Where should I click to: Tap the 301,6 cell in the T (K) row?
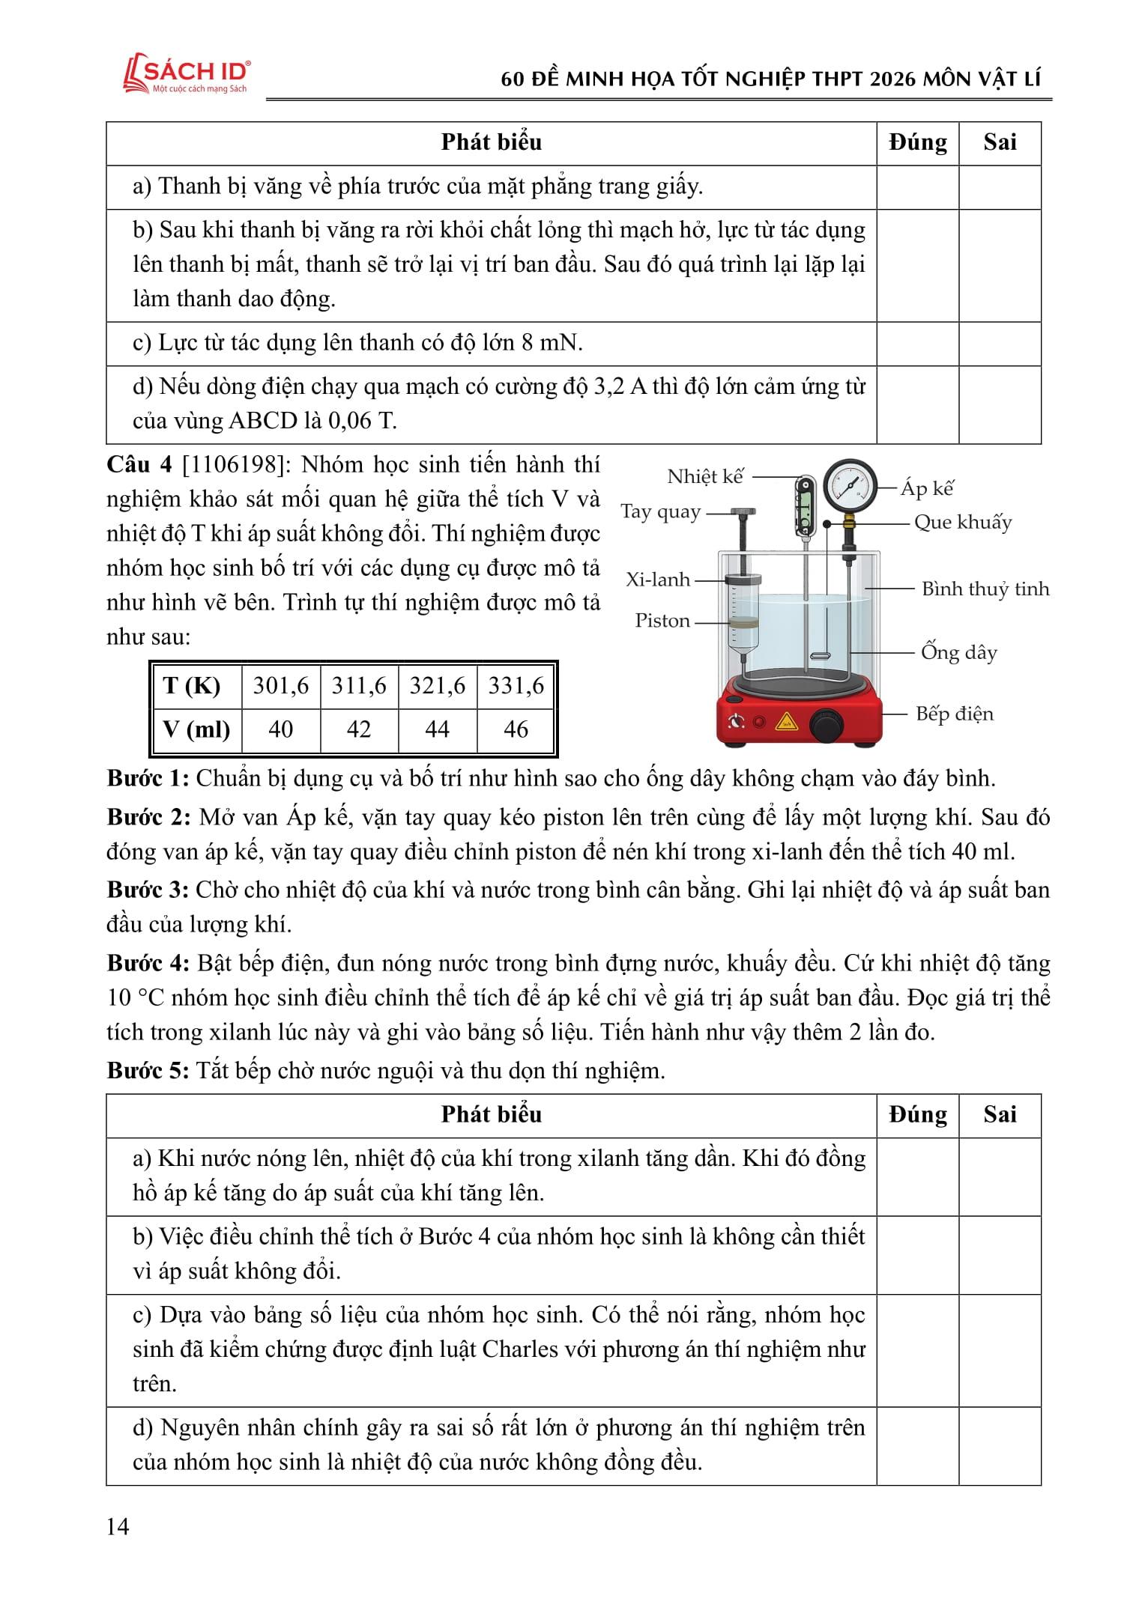[x=281, y=686]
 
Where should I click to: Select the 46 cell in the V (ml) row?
[x=516, y=729]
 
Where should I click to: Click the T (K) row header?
[x=193, y=686]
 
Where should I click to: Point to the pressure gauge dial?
[x=850, y=485]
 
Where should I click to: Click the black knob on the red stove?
[x=826, y=723]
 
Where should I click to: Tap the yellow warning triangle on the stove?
[x=786, y=722]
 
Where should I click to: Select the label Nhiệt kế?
[x=705, y=477]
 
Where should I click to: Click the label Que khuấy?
[x=963, y=523]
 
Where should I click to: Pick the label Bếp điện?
[x=955, y=714]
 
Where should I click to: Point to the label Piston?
[x=662, y=621]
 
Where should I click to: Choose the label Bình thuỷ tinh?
[x=985, y=589]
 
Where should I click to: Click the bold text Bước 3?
[x=148, y=890]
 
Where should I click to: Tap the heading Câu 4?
[x=139, y=465]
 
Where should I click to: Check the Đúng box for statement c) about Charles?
[x=918, y=1350]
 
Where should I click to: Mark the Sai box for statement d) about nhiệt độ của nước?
[x=1000, y=1445]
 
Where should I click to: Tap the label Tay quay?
[x=660, y=512]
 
